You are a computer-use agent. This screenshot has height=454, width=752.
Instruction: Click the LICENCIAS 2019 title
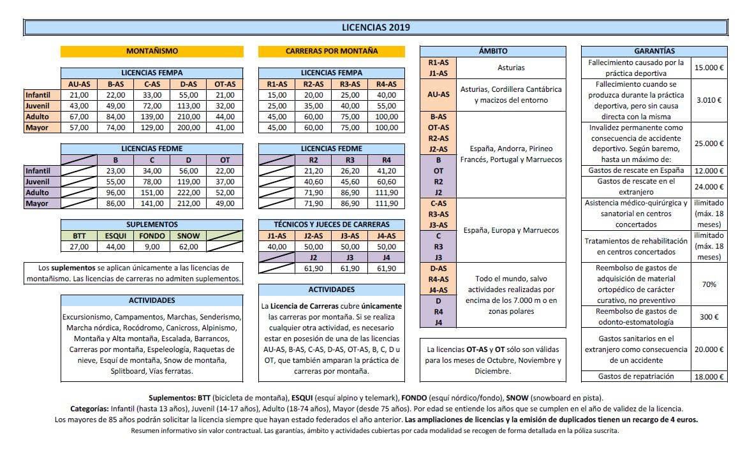[376, 27]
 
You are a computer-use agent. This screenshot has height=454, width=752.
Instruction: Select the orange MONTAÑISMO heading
[152, 51]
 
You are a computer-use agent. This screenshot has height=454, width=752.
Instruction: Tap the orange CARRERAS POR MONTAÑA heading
[332, 51]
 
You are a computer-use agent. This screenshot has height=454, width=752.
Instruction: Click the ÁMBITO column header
[492, 51]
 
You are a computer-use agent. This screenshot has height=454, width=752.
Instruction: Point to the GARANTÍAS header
[654, 51]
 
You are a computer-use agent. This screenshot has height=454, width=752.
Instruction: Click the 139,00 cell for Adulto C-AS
[152, 117]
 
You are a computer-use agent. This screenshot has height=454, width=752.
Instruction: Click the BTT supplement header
[78, 236]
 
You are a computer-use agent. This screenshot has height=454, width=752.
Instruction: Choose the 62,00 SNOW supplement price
[189, 247]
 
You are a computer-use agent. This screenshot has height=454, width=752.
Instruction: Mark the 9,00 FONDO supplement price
[152, 247]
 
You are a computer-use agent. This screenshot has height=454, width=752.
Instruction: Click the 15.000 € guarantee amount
[709, 68]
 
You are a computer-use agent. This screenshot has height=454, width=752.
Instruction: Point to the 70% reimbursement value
[709, 284]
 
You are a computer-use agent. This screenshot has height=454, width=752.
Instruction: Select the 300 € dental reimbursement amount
[709, 317]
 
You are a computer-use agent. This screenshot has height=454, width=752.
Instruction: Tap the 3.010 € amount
[709, 100]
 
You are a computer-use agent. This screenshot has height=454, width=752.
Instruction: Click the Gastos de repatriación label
[636, 376]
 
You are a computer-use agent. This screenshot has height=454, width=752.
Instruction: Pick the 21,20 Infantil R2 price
[313, 171]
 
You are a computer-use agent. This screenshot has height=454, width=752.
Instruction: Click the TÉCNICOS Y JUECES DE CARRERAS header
[332, 224]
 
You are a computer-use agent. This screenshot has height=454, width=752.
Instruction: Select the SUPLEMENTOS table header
[152, 225]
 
